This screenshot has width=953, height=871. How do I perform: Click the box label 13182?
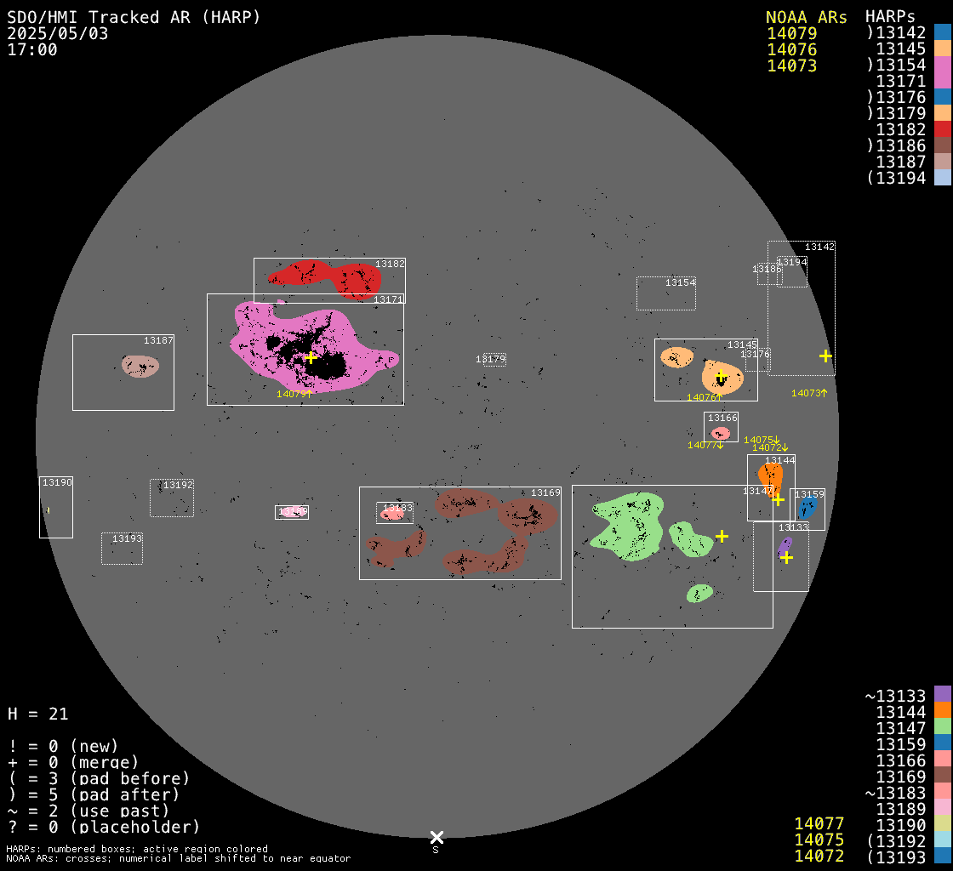tap(391, 265)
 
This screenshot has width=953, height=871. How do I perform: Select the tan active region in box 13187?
tap(140, 367)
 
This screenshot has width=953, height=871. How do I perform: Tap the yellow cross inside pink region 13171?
tap(311, 357)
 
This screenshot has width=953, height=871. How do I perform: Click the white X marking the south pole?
tap(437, 837)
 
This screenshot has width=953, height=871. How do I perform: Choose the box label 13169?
tap(545, 492)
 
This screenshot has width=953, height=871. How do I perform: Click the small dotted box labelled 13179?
tap(491, 360)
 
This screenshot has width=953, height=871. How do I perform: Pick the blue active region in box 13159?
tap(807, 508)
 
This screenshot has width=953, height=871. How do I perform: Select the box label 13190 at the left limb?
tap(57, 482)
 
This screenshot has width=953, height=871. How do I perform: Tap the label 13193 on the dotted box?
tap(128, 538)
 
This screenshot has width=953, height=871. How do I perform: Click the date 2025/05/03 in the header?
tap(58, 33)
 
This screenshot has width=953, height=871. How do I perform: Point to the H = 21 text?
tap(37, 714)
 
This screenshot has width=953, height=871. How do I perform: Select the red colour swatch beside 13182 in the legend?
tap(942, 129)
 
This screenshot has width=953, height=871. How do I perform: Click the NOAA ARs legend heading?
tap(806, 17)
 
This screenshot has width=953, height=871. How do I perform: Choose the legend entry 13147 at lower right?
tap(901, 727)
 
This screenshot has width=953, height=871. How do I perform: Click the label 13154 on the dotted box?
tap(681, 282)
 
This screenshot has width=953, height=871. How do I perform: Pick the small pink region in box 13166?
tap(721, 434)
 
